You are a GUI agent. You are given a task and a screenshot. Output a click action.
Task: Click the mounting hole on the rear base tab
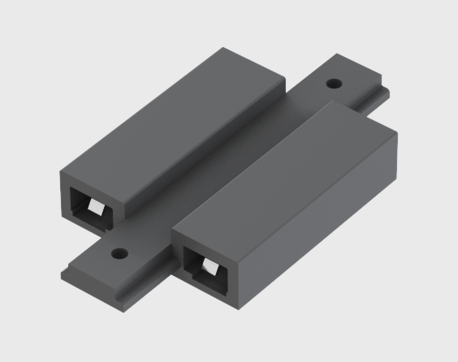click(x=333, y=83)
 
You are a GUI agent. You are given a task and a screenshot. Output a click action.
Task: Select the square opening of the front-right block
click(x=205, y=269)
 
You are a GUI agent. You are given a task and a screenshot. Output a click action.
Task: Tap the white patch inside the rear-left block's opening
click(x=95, y=211)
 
